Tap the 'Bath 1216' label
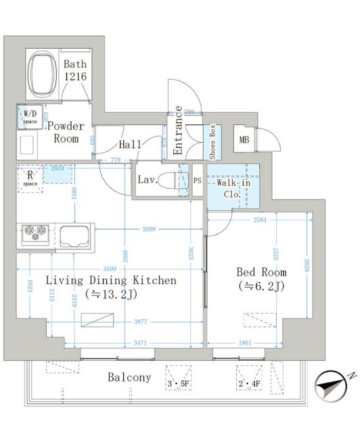point(75,71)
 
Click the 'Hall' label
point(130,144)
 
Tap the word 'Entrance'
point(178,131)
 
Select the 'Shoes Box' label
point(212,141)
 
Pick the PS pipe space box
point(197,181)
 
